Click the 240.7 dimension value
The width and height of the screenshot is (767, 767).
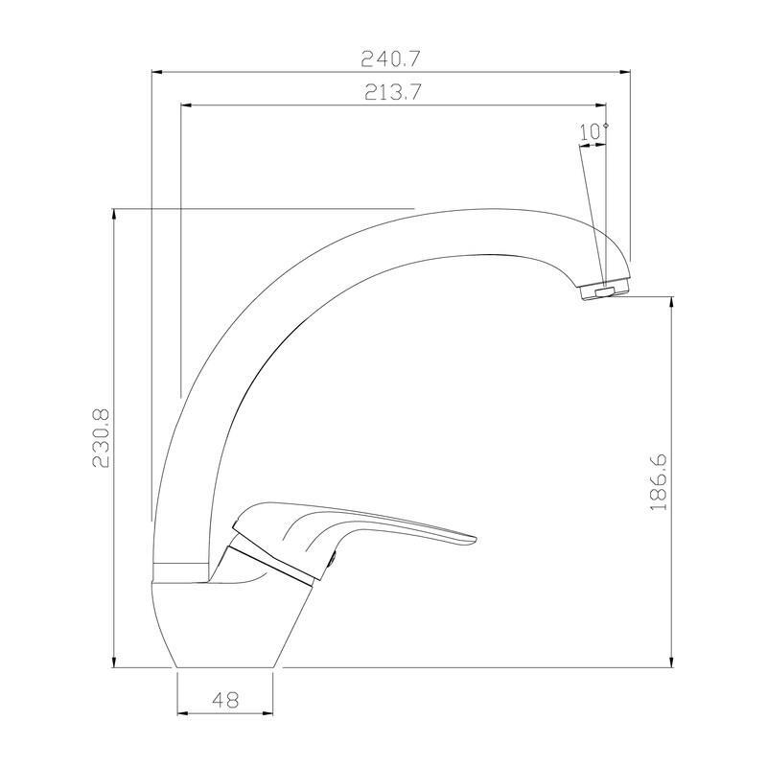390,58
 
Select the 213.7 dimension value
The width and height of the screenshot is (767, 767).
394,92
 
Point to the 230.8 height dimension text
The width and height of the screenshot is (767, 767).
101,438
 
